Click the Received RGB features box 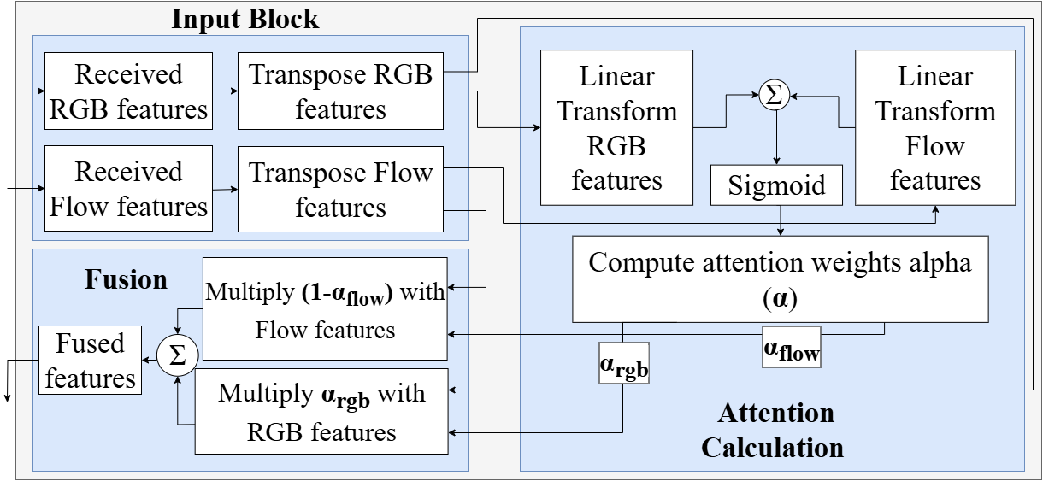click(128, 91)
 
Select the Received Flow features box click(128, 189)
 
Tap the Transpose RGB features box click(340, 91)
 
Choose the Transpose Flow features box click(340, 189)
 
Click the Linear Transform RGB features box click(616, 127)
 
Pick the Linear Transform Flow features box click(935, 127)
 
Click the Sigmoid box click(777, 186)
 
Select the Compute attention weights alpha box click(780, 279)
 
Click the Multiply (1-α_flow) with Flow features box click(325, 309)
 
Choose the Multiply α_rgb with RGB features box click(321, 412)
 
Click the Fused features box click(91, 361)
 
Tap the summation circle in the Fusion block click(177, 355)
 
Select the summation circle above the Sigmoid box click(776, 96)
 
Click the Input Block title click(245, 19)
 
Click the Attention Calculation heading click(775, 430)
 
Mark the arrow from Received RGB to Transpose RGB click(225, 90)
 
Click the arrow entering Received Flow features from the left click(24, 186)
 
